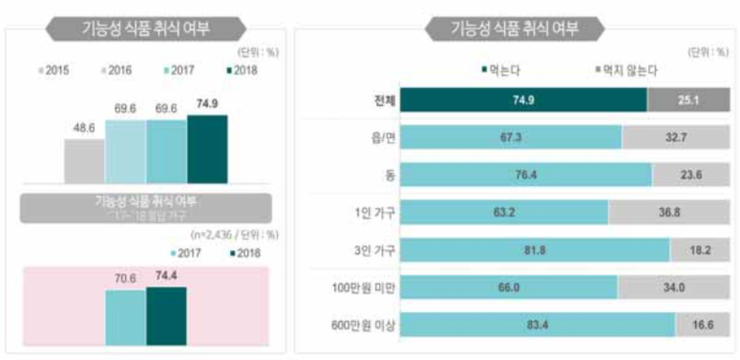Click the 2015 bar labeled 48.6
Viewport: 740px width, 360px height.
84,160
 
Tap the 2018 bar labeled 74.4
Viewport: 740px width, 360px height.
166,307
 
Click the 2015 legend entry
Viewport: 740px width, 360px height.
54,71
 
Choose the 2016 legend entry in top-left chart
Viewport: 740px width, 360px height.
116,71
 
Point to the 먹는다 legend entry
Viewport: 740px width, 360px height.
501,71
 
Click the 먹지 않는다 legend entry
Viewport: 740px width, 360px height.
624,71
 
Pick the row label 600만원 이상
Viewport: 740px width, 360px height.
368,327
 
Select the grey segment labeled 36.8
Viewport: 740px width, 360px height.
668,212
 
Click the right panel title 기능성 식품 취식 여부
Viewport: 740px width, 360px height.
515,28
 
